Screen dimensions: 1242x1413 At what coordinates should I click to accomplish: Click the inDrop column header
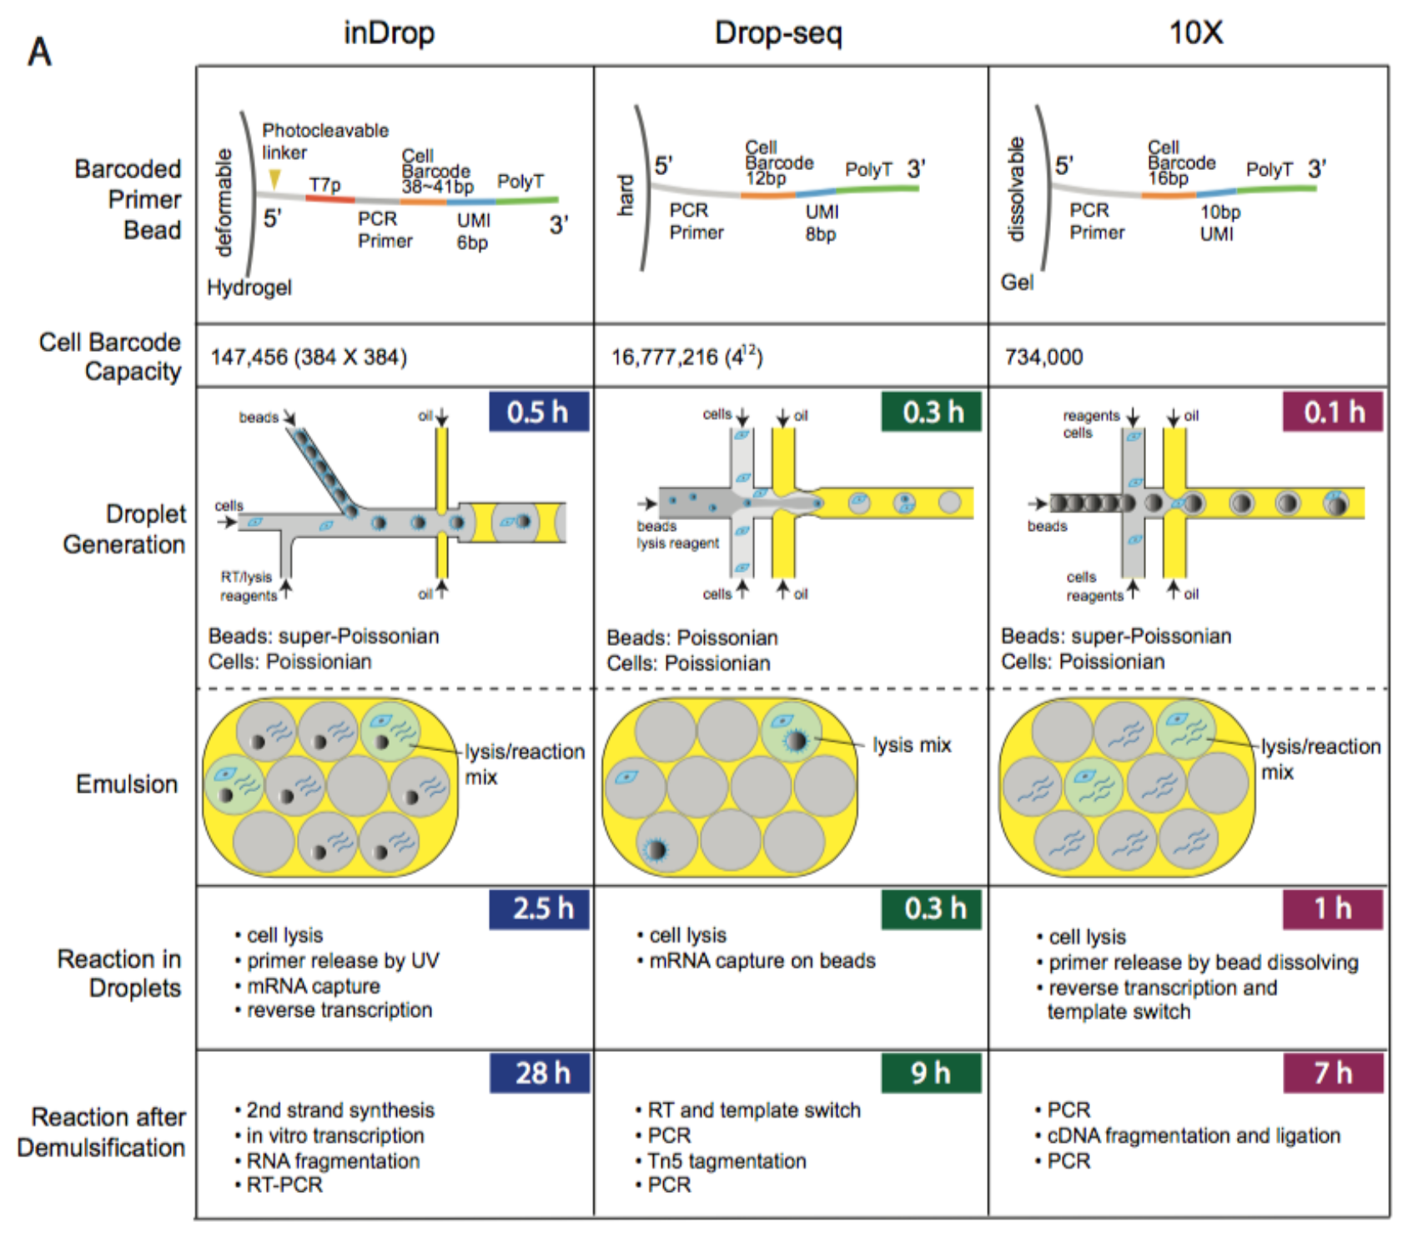tap(389, 33)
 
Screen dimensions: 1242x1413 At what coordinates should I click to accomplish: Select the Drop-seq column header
tap(778, 33)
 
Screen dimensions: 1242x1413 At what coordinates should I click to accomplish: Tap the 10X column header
tap(1195, 33)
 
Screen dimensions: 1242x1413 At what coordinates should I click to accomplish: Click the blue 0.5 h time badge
tap(538, 412)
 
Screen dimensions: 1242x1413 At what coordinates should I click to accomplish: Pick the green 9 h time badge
tap(931, 1073)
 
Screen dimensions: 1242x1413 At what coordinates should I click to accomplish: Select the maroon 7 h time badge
tap(1332, 1073)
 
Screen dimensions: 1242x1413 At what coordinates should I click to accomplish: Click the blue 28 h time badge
tap(540, 1073)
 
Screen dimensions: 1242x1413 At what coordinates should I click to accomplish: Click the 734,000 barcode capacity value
tap(1043, 358)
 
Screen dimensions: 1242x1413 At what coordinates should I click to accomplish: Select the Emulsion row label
tap(127, 784)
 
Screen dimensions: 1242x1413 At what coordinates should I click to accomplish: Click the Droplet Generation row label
tap(125, 529)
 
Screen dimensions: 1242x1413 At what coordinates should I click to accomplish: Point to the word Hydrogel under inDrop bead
tap(249, 288)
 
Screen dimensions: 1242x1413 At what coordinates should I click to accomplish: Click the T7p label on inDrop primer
tap(324, 185)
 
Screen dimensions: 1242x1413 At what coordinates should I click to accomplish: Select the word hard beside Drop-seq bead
tap(626, 195)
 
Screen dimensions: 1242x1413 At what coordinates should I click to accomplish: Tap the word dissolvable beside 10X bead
tap(1015, 190)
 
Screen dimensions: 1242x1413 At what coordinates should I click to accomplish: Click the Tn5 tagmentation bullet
tap(727, 1161)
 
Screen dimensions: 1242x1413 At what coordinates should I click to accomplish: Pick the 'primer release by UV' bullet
tap(343, 961)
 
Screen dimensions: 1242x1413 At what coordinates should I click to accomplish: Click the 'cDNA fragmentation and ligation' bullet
tap(1194, 1136)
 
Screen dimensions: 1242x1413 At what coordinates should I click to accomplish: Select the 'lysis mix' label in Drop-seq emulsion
tap(912, 745)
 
